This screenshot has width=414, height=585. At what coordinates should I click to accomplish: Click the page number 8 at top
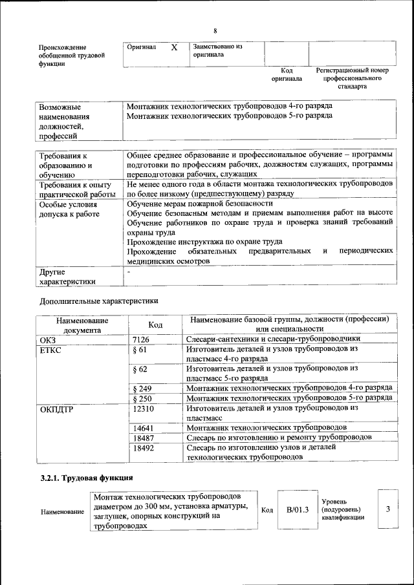[215, 31]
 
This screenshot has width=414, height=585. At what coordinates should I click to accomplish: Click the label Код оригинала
[287, 74]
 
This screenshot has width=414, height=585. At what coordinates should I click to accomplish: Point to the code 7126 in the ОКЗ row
[140, 339]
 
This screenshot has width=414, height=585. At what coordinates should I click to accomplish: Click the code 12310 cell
[143, 409]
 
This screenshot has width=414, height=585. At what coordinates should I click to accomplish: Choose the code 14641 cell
[143, 428]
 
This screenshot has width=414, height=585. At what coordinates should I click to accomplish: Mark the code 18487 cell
[143, 438]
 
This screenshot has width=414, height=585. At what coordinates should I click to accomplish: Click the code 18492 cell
[143, 447]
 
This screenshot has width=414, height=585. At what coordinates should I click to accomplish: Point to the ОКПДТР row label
[56, 409]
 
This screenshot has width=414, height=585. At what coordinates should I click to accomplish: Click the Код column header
[155, 324]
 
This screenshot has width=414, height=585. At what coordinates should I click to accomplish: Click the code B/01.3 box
[298, 510]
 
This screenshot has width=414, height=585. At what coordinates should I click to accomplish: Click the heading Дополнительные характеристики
[98, 301]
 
